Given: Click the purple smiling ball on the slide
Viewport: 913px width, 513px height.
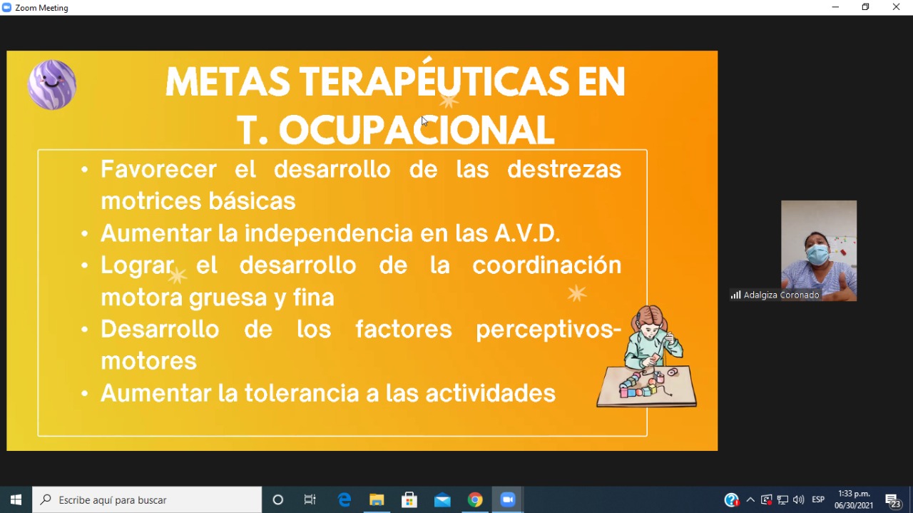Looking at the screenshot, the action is tap(52, 85).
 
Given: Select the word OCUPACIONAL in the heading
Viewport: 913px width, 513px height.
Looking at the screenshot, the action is tap(417, 130).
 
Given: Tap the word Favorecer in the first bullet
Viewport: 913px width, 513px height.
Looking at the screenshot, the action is tap(158, 169).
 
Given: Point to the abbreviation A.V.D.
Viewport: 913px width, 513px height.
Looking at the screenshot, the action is tap(527, 233).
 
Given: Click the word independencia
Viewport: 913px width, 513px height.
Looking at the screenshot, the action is tap(329, 233).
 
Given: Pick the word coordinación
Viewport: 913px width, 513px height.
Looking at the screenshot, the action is tap(547, 265).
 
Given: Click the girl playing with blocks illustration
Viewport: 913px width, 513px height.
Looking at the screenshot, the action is tap(647, 357).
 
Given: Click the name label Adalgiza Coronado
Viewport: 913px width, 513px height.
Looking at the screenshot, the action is tap(781, 295).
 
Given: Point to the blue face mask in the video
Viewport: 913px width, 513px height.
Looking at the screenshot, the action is tap(817, 255).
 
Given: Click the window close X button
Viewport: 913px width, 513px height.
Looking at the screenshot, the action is tap(896, 7).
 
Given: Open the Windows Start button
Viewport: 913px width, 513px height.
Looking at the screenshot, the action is tap(16, 499).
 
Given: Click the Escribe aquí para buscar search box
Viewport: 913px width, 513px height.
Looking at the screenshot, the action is tap(147, 499).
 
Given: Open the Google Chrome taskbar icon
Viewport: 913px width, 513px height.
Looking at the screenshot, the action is tap(475, 499).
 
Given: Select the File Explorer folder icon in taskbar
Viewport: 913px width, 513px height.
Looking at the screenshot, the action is tap(377, 499).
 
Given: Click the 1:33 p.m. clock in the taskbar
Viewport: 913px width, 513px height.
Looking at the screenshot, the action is tap(854, 494).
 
